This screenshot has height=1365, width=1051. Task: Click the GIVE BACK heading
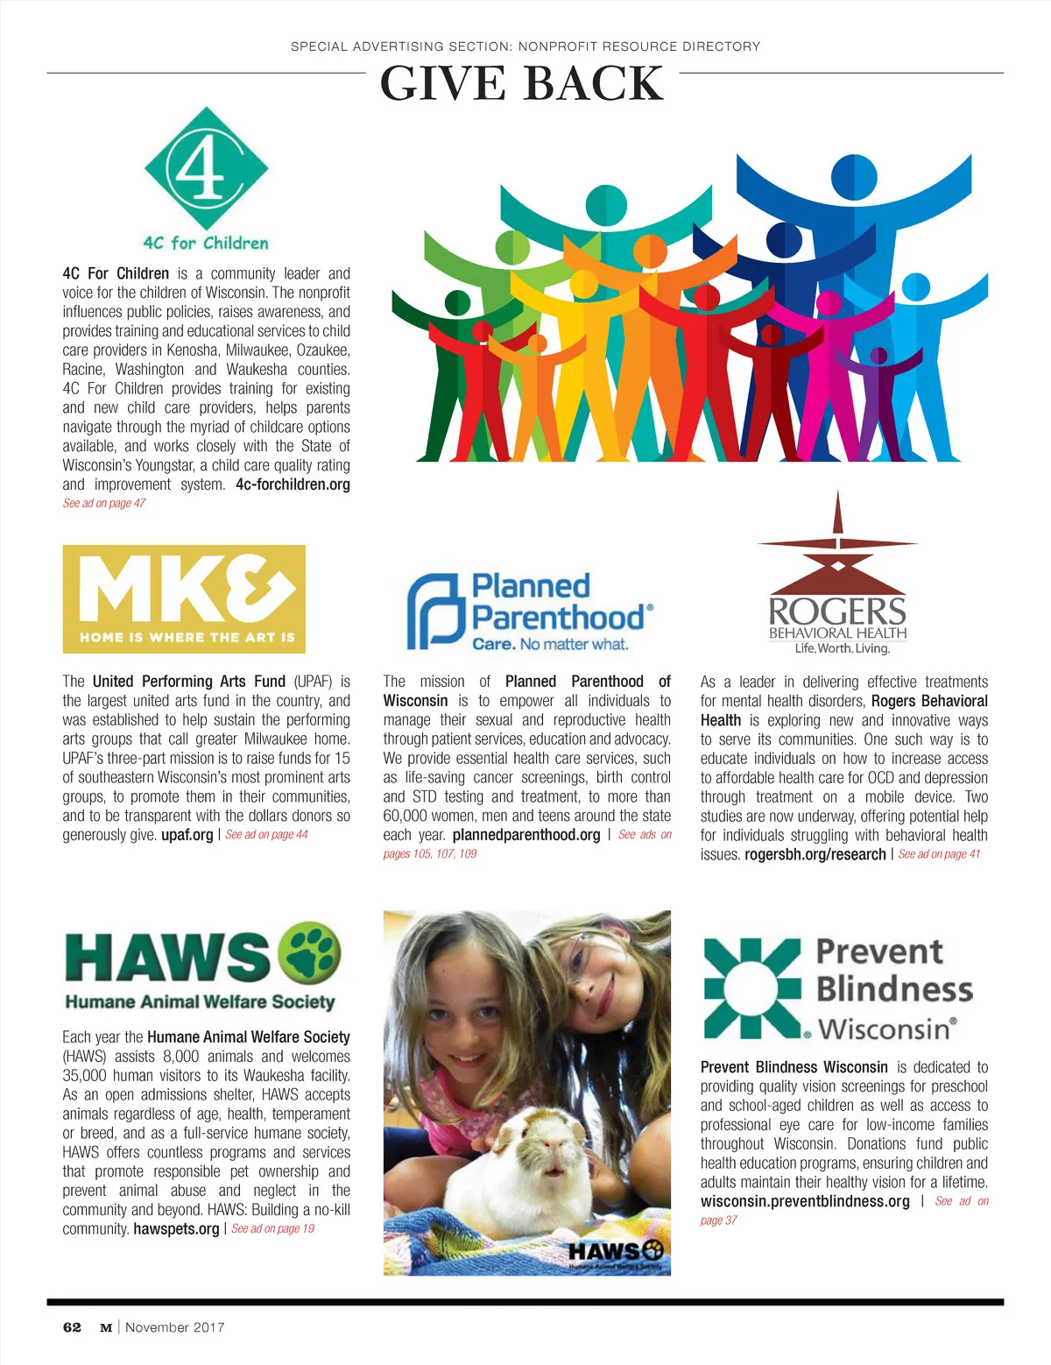point(522,84)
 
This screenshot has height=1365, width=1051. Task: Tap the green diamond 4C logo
point(206,169)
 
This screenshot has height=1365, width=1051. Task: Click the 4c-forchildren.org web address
point(293,484)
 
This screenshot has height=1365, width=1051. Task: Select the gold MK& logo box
point(184,599)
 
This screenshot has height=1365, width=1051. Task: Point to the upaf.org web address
point(187,835)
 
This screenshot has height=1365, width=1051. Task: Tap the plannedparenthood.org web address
point(526,835)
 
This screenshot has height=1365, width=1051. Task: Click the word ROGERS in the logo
point(837,611)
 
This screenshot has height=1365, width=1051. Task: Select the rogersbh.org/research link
point(815,854)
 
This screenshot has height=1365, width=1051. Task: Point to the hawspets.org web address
point(176,1229)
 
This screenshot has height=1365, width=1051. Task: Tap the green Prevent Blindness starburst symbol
point(752,988)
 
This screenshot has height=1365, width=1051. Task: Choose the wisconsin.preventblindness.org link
point(805,1201)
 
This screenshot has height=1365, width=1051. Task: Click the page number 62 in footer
point(72,1327)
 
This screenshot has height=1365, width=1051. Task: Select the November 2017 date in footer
point(175,1327)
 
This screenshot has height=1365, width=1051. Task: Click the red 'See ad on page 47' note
point(104,504)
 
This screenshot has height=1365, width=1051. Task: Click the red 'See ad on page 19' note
point(273,1229)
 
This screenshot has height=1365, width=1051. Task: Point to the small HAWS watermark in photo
point(616,1253)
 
